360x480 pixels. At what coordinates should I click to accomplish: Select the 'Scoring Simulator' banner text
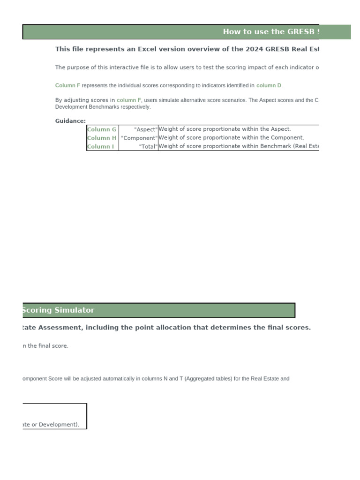click(x=58, y=310)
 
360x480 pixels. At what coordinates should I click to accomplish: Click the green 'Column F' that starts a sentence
click(x=67, y=86)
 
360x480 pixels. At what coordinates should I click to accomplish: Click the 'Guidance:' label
click(x=70, y=121)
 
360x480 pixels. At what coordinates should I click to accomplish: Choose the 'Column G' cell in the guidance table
click(x=102, y=129)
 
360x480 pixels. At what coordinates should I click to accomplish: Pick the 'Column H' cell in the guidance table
click(x=102, y=138)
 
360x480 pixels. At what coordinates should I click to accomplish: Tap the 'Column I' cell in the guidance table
click(x=100, y=146)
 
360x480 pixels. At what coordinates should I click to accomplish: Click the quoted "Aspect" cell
click(x=145, y=129)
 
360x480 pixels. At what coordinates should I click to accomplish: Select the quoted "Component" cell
click(x=139, y=138)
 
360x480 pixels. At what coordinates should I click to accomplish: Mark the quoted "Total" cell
click(x=148, y=146)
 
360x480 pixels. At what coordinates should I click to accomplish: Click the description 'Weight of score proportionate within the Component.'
click(x=231, y=138)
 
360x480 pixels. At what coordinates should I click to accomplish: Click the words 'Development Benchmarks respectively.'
click(x=103, y=107)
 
